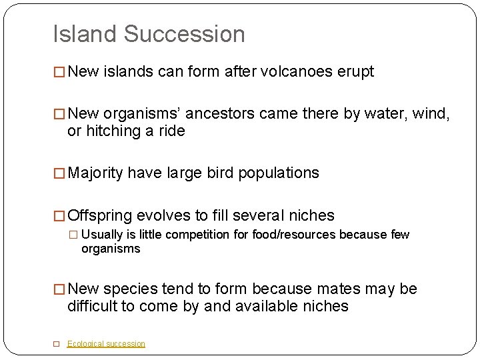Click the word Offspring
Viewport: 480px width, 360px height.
point(100,215)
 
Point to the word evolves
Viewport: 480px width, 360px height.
point(163,215)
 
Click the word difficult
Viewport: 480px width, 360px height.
point(95,306)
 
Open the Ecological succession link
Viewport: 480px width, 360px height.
point(106,344)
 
